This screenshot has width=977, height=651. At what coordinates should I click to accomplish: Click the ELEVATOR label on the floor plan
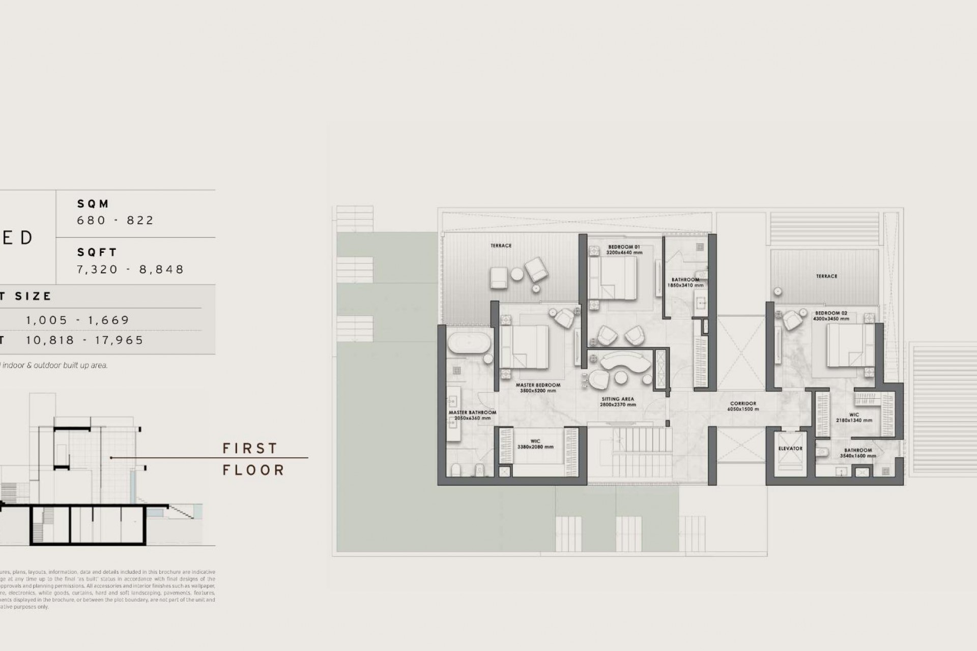point(790,449)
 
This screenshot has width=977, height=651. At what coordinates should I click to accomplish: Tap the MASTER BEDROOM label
point(538,385)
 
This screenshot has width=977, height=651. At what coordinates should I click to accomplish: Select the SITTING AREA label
point(617,399)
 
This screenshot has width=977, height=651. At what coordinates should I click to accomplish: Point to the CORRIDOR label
point(743,404)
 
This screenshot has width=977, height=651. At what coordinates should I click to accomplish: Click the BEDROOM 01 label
point(623,247)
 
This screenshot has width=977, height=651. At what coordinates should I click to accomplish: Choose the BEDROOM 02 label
point(831,313)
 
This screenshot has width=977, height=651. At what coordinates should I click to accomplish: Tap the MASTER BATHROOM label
point(472,412)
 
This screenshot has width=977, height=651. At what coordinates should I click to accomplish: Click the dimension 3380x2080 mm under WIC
point(535,447)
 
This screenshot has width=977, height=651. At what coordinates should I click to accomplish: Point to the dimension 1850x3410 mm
point(685,285)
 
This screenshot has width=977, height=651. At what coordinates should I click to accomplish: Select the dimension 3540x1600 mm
point(858,456)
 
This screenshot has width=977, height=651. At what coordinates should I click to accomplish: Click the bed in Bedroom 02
point(844,345)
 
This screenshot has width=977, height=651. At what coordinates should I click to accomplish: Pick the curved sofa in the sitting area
point(626,362)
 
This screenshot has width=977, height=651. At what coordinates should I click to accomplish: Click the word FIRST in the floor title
point(250,448)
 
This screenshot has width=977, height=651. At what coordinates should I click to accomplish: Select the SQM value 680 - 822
point(115,220)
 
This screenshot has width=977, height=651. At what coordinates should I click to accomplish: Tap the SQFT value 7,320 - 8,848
point(130,269)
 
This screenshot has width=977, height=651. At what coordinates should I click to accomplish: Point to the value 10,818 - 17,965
point(85,340)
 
